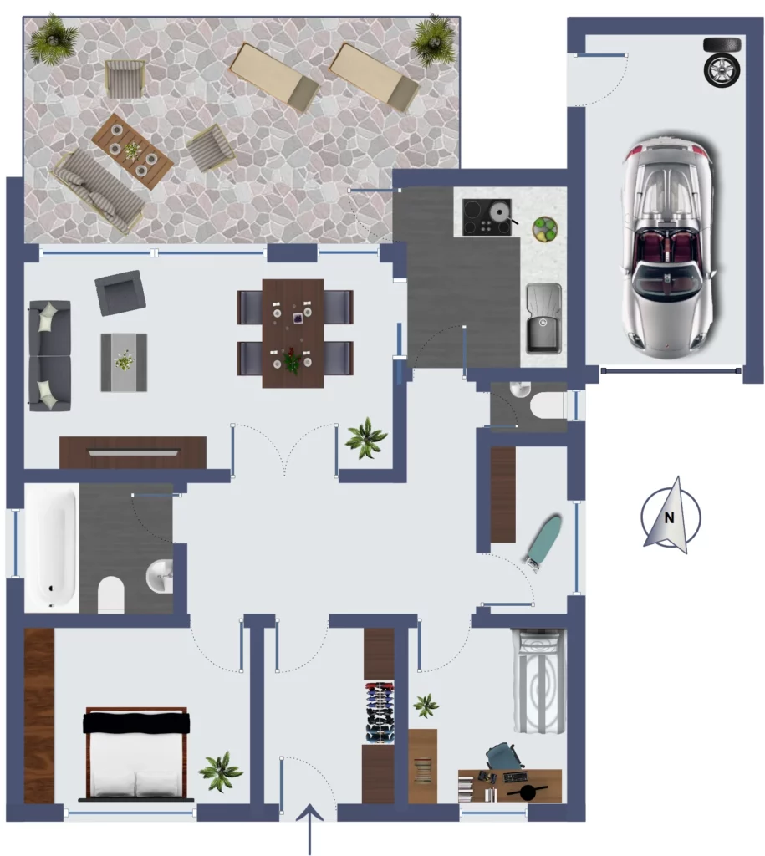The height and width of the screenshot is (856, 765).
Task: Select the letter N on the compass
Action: point(670,517)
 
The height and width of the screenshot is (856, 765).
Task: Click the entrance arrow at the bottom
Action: point(309,828)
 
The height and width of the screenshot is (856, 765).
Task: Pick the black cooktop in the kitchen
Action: point(487,217)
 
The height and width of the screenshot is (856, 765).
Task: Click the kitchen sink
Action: point(543,318)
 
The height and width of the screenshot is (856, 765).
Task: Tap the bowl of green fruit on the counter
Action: point(544,229)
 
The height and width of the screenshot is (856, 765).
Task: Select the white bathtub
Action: point(51,548)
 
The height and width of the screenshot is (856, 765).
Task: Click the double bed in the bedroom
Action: point(136,753)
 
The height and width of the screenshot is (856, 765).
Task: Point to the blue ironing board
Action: point(543,542)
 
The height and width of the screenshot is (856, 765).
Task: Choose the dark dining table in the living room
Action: point(293,334)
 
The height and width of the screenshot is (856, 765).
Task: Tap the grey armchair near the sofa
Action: point(120,293)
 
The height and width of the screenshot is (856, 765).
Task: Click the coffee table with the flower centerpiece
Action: point(124,363)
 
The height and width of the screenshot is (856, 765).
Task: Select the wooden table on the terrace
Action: point(133,151)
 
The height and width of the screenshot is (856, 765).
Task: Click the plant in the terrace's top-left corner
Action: point(53,38)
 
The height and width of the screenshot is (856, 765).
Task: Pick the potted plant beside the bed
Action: point(220,771)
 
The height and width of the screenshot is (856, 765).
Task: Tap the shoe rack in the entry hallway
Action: point(379,712)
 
